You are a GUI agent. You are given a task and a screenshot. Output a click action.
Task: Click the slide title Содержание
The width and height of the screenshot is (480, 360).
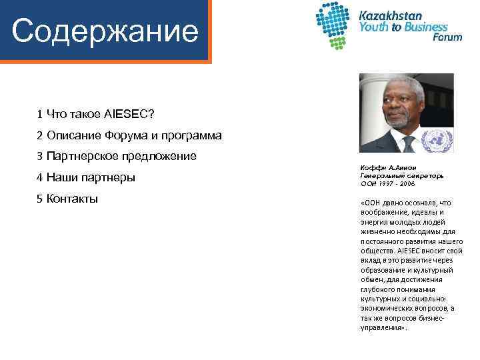click(105, 31)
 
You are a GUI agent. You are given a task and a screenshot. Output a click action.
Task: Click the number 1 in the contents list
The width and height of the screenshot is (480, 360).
click(40, 114)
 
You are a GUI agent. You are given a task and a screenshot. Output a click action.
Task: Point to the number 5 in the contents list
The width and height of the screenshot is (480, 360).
click(40, 199)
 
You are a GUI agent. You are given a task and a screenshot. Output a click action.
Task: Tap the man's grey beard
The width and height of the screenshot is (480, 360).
click(399, 121)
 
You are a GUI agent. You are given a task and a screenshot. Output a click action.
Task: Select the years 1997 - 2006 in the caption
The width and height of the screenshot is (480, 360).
click(395, 183)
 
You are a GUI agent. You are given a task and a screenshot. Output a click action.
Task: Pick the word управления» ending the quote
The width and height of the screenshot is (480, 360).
click(382, 327)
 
